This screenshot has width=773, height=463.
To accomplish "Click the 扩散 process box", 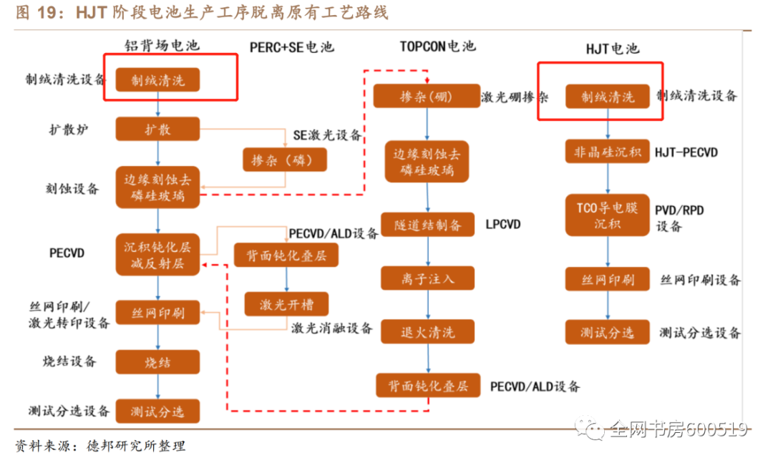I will pos(157,130).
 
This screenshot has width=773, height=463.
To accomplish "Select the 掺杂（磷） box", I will pos(285,159).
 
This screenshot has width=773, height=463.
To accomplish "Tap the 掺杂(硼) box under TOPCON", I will pos(427,96).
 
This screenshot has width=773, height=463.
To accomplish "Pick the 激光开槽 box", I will pos(285,304).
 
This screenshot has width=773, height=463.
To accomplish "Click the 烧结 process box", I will pos(157,362).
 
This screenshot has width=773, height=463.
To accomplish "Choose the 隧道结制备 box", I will pos(427,225).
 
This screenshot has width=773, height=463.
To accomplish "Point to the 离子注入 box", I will pos(427,278).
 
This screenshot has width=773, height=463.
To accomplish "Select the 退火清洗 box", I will pos(427,331).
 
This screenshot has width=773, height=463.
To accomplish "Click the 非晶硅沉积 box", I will pos(608,152).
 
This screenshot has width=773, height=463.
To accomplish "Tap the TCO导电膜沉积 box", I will pos(608,215).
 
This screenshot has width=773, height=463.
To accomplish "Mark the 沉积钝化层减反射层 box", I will pos(157,255).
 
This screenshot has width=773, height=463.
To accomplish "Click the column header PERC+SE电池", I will pos(291,47).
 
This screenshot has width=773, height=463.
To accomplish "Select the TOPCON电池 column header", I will pos(437,46).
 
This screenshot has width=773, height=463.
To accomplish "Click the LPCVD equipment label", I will pos(503,225).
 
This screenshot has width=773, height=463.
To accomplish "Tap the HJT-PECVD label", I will pos(686,152).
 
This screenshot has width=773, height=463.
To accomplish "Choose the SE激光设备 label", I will pos(327,135).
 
